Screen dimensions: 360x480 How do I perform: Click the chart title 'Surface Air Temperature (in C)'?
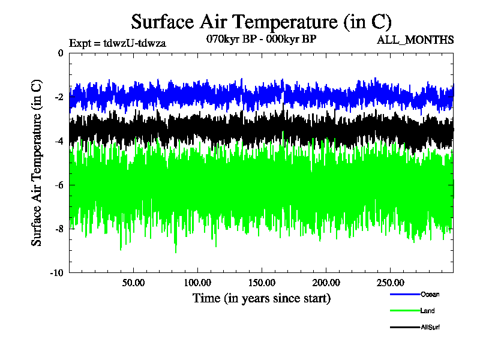[261, 22]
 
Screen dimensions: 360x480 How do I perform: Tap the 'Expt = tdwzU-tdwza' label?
[118, 43]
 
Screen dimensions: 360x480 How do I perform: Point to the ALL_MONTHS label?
[415, 40]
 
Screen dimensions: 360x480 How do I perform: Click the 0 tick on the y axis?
[60, 53]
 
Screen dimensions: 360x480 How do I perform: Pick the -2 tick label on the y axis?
[59, 97]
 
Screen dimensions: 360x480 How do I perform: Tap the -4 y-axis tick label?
[59, 141]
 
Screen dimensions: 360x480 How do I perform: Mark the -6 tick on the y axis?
[59, 185]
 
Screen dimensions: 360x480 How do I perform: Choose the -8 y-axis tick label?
[59, 229]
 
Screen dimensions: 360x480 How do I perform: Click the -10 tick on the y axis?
[57, 273]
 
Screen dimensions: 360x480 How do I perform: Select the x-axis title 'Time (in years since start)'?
[261, 298]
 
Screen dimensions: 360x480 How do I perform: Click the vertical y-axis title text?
[37, 162]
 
